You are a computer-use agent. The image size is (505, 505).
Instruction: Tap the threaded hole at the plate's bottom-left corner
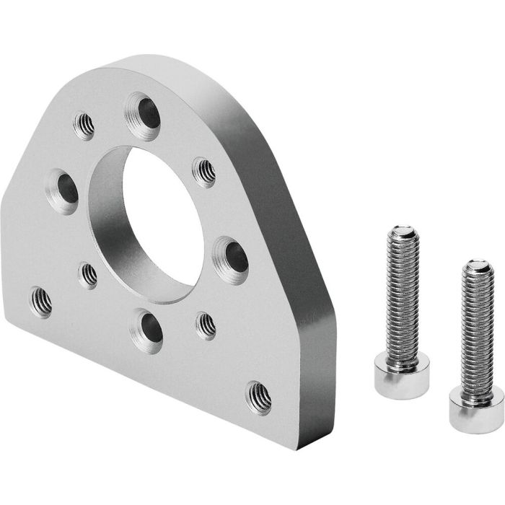(40, 302)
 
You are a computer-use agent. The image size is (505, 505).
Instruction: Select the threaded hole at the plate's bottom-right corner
(258, 397)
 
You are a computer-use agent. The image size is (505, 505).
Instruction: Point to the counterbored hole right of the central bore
(232, 256)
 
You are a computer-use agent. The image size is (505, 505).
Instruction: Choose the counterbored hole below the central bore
(147, 330)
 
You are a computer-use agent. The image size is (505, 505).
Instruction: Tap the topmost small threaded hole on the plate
(84, 126)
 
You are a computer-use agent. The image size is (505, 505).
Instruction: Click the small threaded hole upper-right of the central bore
(205, 172)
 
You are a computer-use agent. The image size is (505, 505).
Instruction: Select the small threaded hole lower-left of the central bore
(88, 275)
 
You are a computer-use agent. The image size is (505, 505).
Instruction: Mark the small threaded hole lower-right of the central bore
(206, 325)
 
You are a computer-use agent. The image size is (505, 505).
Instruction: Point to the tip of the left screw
(403, 232)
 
